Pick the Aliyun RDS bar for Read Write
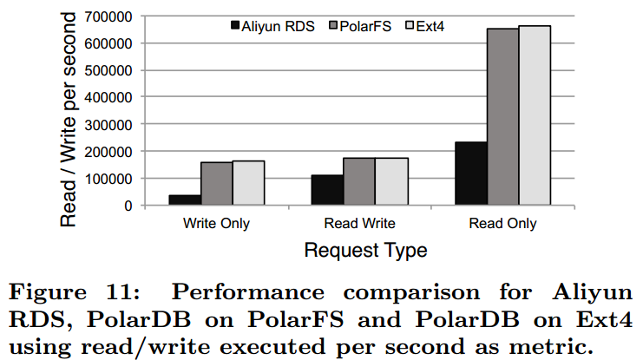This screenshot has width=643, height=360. (x=328, y=190)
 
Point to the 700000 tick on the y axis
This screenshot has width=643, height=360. (x=108, y=16)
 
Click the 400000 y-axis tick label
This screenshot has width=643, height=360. (x=108, y=97)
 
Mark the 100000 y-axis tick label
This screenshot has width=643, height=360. (x=108, y=179)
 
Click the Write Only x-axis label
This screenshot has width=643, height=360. (x=217, y=224)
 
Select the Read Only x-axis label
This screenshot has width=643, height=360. (x=503, y=224)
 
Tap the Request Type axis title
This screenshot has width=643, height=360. (x=364, y=252)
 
